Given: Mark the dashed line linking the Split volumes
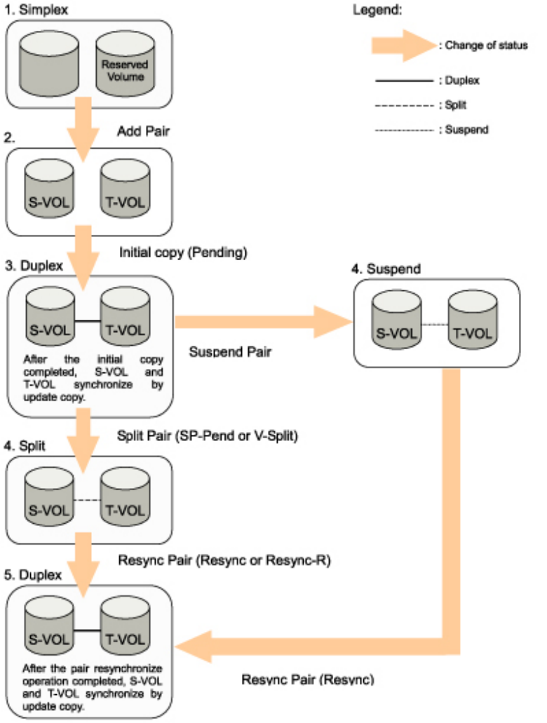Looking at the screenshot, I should [x=86, y=500].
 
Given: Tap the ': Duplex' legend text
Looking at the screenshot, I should [x=459, y=81].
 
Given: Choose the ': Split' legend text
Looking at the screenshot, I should [x=453, y=105].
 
